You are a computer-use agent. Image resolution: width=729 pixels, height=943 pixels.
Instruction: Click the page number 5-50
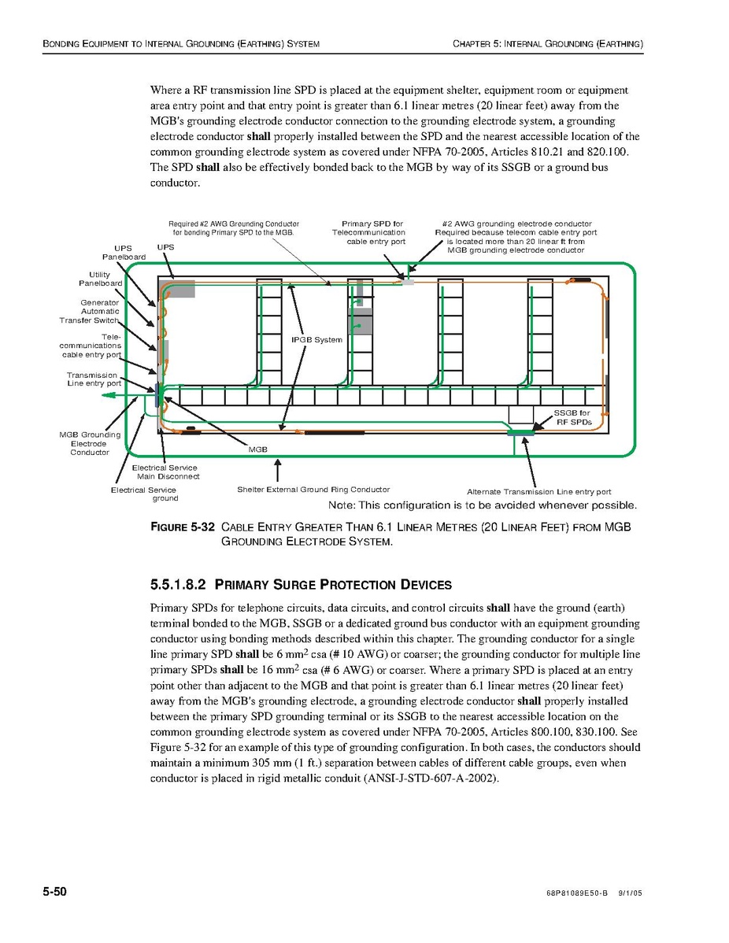pyautogui.click(x=54, y=891)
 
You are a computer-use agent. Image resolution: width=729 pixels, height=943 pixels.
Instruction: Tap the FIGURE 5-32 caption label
pyautogui.click(x=182, y=527)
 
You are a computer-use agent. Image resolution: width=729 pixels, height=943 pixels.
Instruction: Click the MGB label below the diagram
pyautogui.click(x=258, y=449)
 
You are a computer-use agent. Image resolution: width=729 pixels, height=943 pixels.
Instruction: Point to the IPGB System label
pyautogui.click(x=317, y=340)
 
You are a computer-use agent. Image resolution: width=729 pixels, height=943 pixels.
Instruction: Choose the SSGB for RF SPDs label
pyautogui.click(x=572, y=417)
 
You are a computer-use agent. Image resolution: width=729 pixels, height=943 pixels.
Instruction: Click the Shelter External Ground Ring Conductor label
pyautogui.click(x=313, y=490)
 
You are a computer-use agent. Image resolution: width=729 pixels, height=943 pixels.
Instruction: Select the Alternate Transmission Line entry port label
pyautogui.click(x=538, y=492)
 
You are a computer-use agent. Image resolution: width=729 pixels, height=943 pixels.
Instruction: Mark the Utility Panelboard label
pyautogui.click(x=100, y=279)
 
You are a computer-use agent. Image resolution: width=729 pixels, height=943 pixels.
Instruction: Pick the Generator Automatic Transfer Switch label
pyautogui.click(x=90, y=312)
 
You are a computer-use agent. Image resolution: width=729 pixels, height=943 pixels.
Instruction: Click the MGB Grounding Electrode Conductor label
pyautogui.click(x=90, y=443)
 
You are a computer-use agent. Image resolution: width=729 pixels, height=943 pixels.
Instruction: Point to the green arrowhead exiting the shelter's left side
pyautogui.click(x=110, y=395)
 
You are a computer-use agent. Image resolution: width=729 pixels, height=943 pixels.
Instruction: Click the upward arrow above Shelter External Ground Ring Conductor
pyautogui.click(x=277, y=471)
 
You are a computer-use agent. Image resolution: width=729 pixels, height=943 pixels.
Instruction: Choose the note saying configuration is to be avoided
pyautogui.click(x=482, y=505)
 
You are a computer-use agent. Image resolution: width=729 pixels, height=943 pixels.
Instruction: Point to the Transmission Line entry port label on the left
pyautogui.click(x=93, y=379)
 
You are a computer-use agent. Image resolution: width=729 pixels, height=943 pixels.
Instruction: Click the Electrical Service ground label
pyautogui.click(x=144, y=494)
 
